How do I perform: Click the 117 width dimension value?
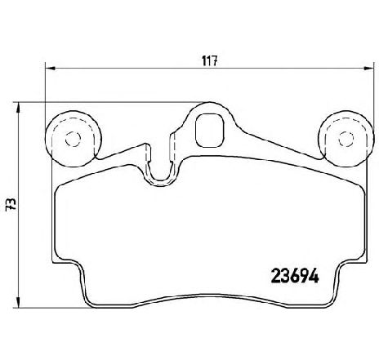click(x=210, y=60)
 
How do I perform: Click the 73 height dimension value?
click(x=11, y=204)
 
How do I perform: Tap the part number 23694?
click(x=295, y=276)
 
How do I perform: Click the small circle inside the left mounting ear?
click(x=73, y=139)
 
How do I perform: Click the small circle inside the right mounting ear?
click(x=346, y=139)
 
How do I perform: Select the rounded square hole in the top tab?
click(x=210, y=131)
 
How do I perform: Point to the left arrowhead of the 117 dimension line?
click(x=50, y=68)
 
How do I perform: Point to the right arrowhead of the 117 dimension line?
click(x=369, y=68)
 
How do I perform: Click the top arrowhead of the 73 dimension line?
click(x=18, y=107)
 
